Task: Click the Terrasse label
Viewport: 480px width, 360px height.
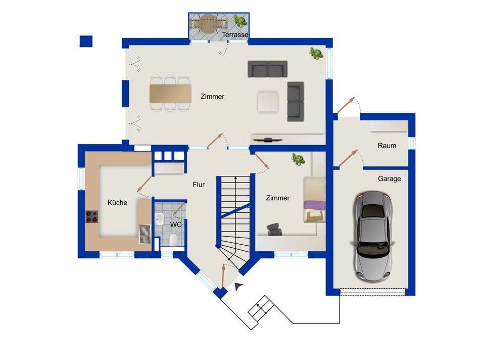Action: [235, 34]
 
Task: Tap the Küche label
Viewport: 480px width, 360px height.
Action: [117, 203]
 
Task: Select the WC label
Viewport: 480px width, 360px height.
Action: [176, 224]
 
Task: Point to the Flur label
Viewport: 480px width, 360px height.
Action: [199, 185]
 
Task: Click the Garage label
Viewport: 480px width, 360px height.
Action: [390, 178]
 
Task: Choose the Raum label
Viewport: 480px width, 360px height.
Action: [387, 146]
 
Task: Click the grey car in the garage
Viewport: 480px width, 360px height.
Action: [373, 237]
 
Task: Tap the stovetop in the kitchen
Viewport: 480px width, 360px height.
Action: [91, 216]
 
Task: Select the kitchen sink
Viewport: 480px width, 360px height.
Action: [145, 234]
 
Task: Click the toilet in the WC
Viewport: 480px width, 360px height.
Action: [173, 240]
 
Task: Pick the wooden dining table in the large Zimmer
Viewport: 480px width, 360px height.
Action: [170, 94]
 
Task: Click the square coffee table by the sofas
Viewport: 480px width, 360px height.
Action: [268, 102]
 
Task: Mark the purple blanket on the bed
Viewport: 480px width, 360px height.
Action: [314, 205]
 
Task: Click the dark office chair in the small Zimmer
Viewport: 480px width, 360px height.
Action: [274, 230]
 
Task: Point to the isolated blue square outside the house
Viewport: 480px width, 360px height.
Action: [86, 41]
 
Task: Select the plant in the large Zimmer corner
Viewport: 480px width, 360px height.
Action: [316, 54]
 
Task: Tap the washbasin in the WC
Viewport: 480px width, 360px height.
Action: [160, 219]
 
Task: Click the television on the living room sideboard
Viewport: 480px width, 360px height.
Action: [268, 140]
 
